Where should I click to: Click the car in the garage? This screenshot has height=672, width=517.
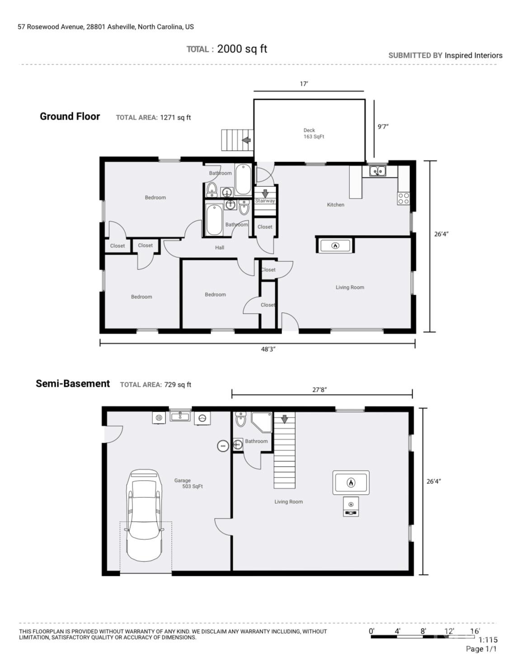(x=144, y=515)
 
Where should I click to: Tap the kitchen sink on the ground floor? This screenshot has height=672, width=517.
(x=377, y=171)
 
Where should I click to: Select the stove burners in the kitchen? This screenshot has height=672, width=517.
(x=404, y=198)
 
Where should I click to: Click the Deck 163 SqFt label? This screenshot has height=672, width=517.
(x=314, y=133)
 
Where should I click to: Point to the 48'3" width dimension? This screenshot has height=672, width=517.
(x=268, y=349)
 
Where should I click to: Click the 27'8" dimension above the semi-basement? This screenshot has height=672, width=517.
(x=320, y=389)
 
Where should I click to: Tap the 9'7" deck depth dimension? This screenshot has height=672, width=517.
(x=383, y=126)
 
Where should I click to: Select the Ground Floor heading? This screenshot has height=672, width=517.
(x=70, y=116)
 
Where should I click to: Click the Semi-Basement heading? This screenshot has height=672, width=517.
(x=73, y=384)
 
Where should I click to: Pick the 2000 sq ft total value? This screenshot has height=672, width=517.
(x=242, y=49)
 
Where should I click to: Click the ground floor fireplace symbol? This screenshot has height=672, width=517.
(x=335, y=246)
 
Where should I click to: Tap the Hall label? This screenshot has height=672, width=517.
(x=220, y=247)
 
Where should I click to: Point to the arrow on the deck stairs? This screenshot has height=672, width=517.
(x=246, y=140)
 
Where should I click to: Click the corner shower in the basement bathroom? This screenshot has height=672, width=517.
(x=262, y=422)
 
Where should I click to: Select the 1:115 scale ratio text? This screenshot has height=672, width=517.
(x=488, y=640)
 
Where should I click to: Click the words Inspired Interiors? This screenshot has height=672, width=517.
(x=473, y=56)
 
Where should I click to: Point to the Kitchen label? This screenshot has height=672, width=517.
(x=336, y=205)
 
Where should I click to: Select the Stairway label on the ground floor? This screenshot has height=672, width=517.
(x=265, y=201)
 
